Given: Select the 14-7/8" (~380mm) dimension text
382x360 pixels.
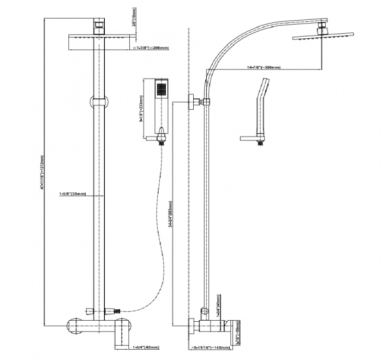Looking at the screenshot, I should pos(264,67).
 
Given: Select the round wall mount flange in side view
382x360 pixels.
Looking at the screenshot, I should pos(192,102).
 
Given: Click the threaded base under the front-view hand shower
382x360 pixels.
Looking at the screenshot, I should pos(161,141).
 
